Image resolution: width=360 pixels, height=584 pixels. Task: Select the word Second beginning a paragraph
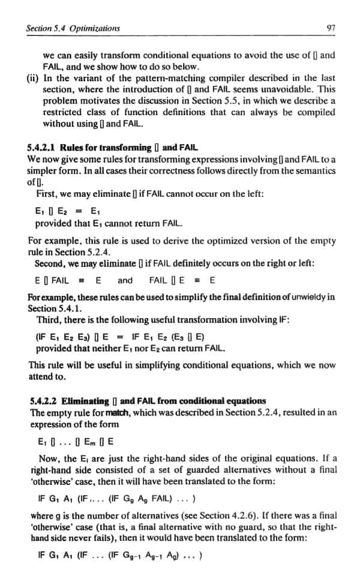[50, 263]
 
